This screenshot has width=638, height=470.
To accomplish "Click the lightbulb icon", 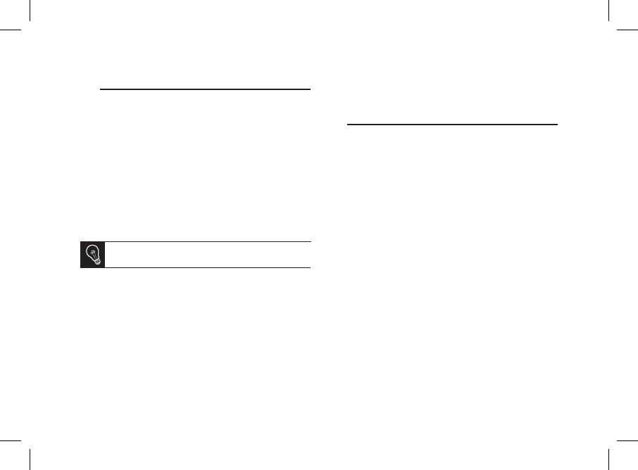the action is point(93,255).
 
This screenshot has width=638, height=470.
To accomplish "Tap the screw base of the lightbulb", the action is point(96,262).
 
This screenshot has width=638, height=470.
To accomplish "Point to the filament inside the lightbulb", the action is point(93,251).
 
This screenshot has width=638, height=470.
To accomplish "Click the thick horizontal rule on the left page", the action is point(205,89).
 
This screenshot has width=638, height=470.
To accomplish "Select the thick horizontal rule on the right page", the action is point(452,125).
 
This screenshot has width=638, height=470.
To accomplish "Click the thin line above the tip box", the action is point(208,242).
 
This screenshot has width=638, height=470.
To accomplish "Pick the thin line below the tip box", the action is point(208,267).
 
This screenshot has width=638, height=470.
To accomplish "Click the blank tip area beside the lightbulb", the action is point(208,255).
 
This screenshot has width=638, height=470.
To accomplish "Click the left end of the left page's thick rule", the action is point(102,89).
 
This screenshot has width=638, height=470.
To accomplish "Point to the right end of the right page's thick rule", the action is point(556,125).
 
